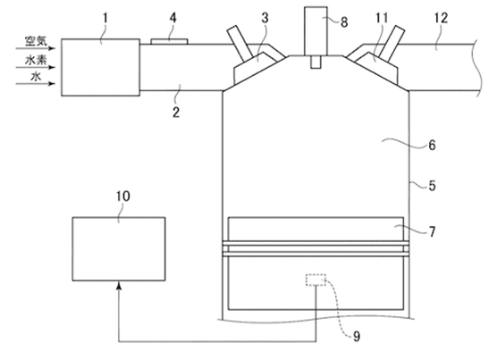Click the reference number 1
click(x=105, y=19)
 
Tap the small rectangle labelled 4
click(x=169, y=41)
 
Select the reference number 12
click(x=441, y=18)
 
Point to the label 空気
click(x=36, y=41)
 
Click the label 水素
click(x=36, y=60)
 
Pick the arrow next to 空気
click(x=36, y=48)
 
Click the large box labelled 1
click(x=100, y=67)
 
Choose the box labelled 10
click(x=119, y=249)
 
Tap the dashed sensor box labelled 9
click(x=316, y=280)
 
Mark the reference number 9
click(x=357, y=336)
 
